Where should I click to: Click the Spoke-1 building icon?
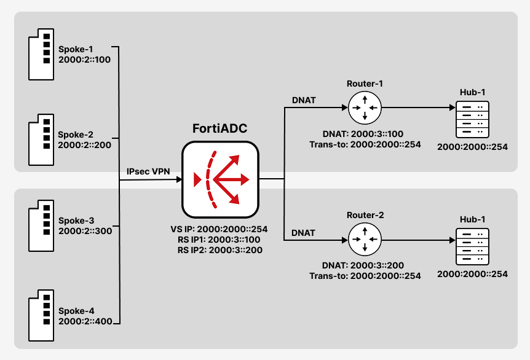click(x=41, y=55)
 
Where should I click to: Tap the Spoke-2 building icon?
click(x=41, y=140)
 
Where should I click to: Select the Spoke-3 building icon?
click(x=41, y=225)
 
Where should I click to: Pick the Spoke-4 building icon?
click(x=41, y=315)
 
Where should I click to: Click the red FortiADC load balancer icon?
click(x=220, y=179)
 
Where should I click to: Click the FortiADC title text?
click(x=220, y=128)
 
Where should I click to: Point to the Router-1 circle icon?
click(x=365, y=108)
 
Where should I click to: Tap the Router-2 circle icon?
click(x=365, y=240)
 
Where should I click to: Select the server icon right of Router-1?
click(x=473, y=120)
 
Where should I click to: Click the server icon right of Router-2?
click(x=473, y=247)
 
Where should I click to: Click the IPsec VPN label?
click(x=148, y=171)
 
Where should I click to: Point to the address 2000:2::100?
click(x=84, y=60)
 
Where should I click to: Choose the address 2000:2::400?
click(x=85, y=321)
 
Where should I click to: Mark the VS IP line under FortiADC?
click(x=219, y=229)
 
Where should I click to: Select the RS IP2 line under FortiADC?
click(x=220, y=250)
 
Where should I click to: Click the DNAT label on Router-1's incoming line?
click(x=304, y=100)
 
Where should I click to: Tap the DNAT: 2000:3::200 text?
click(x=363, y=265)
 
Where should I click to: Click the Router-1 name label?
click(x=365, y=84)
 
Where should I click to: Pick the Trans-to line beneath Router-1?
click(x=365, y=144)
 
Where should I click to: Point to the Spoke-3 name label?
click(x=76, y=221)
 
